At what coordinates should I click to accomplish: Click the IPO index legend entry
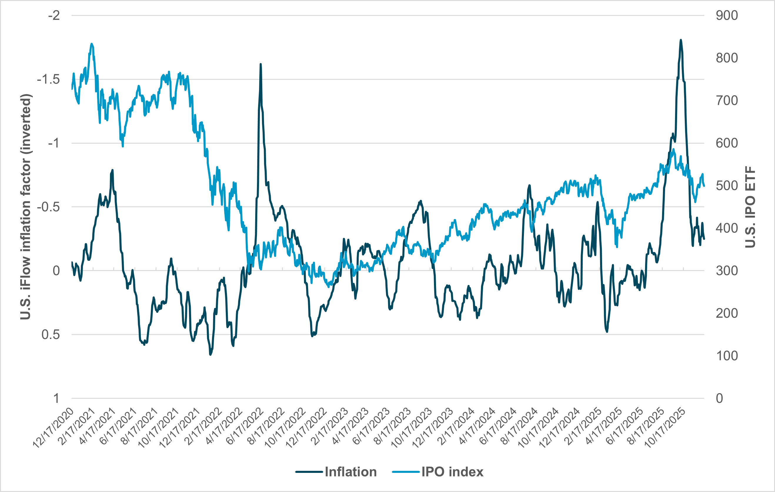pyautogui.click(x=452, y=472)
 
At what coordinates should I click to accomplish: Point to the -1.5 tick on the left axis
pyautogui.click(x=49, y=79)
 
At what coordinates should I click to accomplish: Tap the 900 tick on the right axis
pyautogui.click(x=727, y=16)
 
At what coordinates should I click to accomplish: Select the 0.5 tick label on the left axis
pyautogui.click(x=51, y=335)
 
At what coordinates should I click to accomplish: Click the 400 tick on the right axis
pyautogui.click(x=727, y=228)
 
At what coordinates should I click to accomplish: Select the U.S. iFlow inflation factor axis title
pyautogui.click(x=26, y=207)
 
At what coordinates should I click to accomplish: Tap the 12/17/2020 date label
pyautogui.click(x=54, y=428)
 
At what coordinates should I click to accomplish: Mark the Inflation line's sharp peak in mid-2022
pyautogui.click(x=261, y=64)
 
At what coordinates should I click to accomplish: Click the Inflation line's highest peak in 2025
pyautogui.click(x=681, y=40)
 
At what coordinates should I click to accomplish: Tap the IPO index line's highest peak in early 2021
pyautogui.click(x=92, y=44)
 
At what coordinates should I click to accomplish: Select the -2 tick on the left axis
pyautogui.click(x=54, y=16)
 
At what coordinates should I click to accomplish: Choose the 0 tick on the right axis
pyautogui.click(x=720, y=398)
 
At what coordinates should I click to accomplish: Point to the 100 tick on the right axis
pyautogui.click(x=727, y=356)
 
